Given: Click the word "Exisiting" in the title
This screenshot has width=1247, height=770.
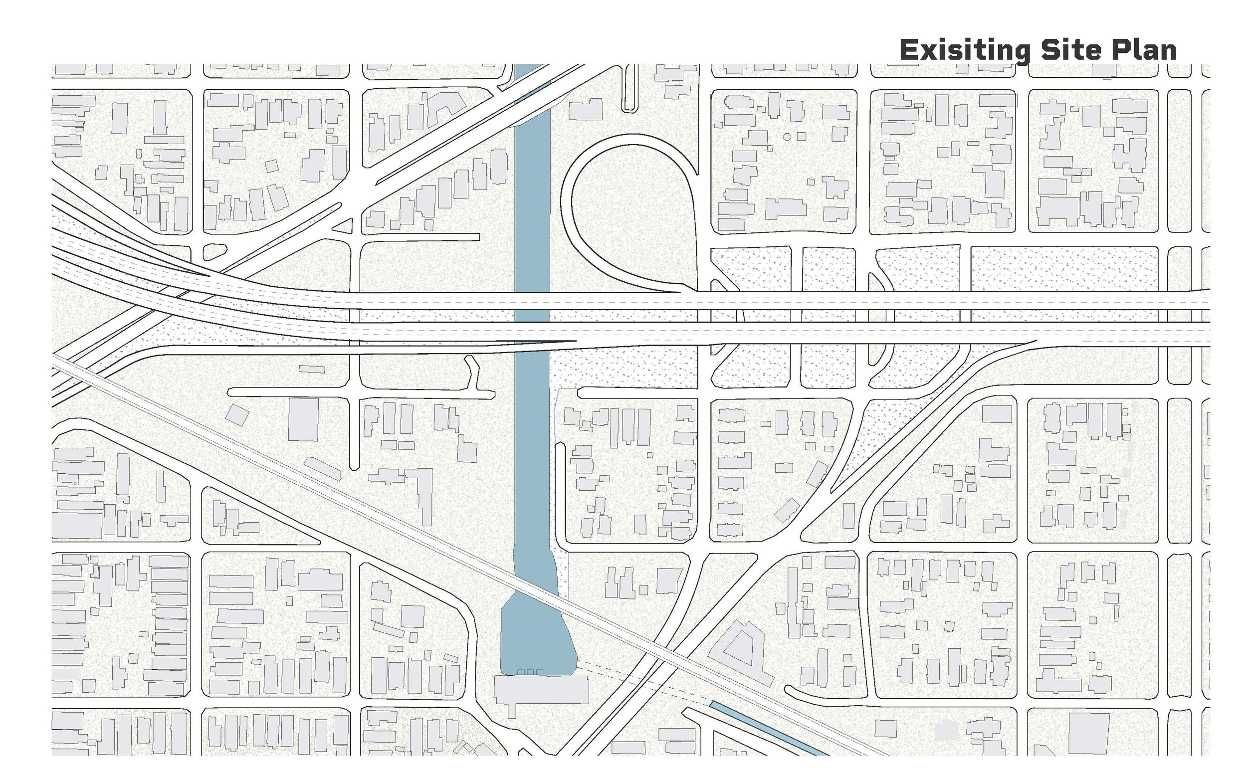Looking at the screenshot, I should tap(964, 50).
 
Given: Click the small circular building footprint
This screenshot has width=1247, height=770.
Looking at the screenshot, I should tap(787, 137).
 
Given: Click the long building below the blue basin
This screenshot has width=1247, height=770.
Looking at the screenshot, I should tap(541, 689).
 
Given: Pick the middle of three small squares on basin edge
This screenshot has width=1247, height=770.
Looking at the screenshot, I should tap(530, 672).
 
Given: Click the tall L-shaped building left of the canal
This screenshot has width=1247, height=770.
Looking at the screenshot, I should tap(425, 494).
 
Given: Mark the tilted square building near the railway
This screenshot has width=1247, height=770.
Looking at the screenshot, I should tap(237, 414).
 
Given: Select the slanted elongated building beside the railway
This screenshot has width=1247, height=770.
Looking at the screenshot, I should tap(322, 468).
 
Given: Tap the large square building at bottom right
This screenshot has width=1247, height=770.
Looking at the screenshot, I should tap(1088, 733).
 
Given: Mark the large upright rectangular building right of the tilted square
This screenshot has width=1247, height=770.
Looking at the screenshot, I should tap(303, 419).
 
